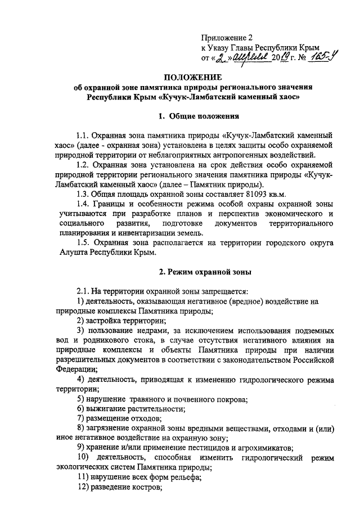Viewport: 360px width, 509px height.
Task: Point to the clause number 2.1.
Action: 83,291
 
